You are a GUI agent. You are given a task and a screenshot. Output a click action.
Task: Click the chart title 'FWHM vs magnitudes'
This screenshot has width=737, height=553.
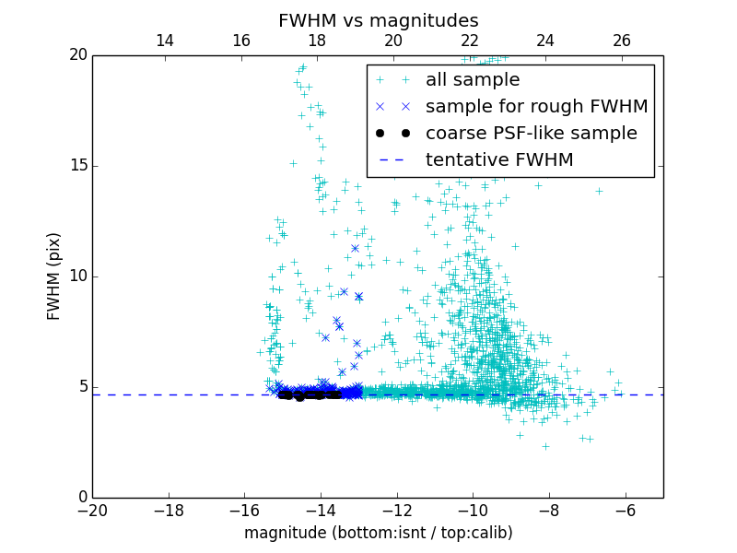click(378, 20)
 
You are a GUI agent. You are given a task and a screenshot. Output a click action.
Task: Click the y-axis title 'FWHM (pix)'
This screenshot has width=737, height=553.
click(54, 276)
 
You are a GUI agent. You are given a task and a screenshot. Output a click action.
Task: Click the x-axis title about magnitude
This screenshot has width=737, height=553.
click(378, 533)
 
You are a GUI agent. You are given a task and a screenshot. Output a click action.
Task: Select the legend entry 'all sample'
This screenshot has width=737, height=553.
click(473, 80)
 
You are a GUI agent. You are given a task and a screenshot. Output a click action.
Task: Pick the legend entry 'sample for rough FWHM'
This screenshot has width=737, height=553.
click(536, 107)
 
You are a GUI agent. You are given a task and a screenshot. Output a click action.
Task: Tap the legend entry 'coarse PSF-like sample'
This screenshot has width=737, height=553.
click(531, 134)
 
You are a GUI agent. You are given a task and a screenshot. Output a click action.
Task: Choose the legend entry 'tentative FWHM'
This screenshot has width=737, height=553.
click(499, 160)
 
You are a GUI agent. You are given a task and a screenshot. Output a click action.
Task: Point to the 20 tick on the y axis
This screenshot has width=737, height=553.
click(76, 55)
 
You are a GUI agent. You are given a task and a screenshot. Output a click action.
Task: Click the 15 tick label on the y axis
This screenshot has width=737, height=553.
click(76, 166)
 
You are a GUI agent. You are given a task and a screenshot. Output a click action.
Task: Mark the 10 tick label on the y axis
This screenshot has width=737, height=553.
click(76, 276)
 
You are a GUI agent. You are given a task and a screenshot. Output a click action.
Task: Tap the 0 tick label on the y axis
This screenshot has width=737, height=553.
click(81, 498)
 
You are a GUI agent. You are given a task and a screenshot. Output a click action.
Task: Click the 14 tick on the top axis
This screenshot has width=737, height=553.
click(165, 41)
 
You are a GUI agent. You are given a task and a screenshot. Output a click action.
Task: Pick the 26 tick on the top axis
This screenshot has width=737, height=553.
click(622, 41)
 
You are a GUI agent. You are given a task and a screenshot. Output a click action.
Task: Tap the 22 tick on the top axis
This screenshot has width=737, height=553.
click(470, 41)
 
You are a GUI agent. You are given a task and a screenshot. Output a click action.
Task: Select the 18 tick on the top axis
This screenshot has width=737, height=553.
click(317, 41)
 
